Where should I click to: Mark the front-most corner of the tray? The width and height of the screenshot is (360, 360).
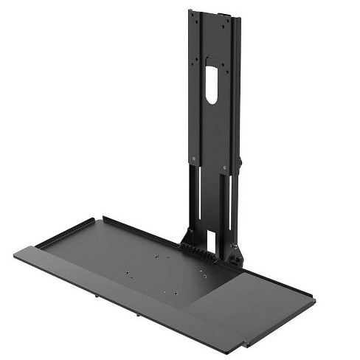pos(244,347)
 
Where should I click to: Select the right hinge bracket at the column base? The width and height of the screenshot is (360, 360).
pos(235,255)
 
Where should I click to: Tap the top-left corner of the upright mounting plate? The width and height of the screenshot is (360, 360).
pos(190,11)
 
